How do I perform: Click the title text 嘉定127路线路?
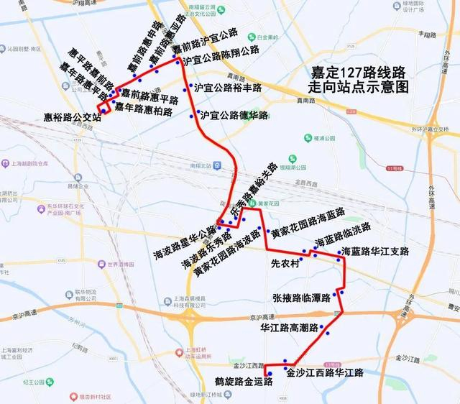pos(358,73)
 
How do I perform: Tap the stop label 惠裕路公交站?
pos(71,118)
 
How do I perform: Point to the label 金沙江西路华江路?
pos(325,373)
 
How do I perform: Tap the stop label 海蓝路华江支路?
pos(374,252)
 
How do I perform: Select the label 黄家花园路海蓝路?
pos(308,223)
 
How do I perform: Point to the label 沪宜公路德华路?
pos(234,115)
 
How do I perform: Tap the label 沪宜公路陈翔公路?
pos(221,51)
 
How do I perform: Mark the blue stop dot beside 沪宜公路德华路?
pos(193,115)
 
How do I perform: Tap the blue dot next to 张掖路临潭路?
pos(343,293)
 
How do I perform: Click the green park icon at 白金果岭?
pos(239,37)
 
